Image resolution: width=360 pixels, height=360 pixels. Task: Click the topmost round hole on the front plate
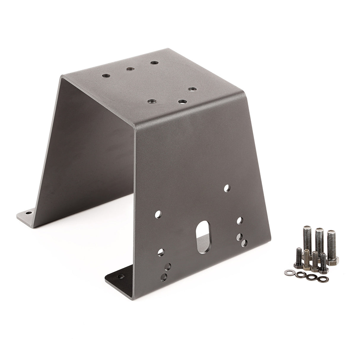[x=227, y=187]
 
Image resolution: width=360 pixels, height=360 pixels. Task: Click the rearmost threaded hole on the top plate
[x=153, y=63]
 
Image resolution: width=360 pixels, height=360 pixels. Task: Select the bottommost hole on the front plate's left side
[x=166, y=277]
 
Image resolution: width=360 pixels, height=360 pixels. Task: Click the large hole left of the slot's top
[x=159, y=213]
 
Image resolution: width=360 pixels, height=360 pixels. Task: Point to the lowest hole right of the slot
[x=244, y=243]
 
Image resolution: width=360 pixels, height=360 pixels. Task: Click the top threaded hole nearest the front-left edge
[x=151, y=101]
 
